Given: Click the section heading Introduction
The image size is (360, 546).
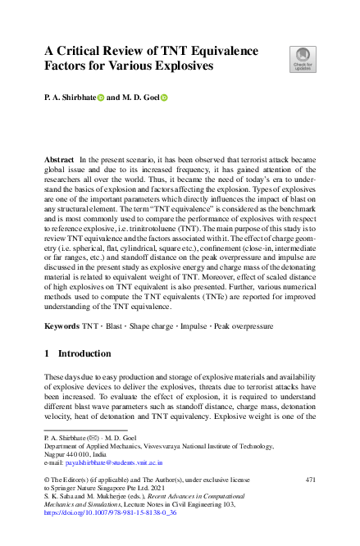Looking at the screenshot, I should [x=83, y=353].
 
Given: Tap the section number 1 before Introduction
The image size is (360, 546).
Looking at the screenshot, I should [x=48, y=353].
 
